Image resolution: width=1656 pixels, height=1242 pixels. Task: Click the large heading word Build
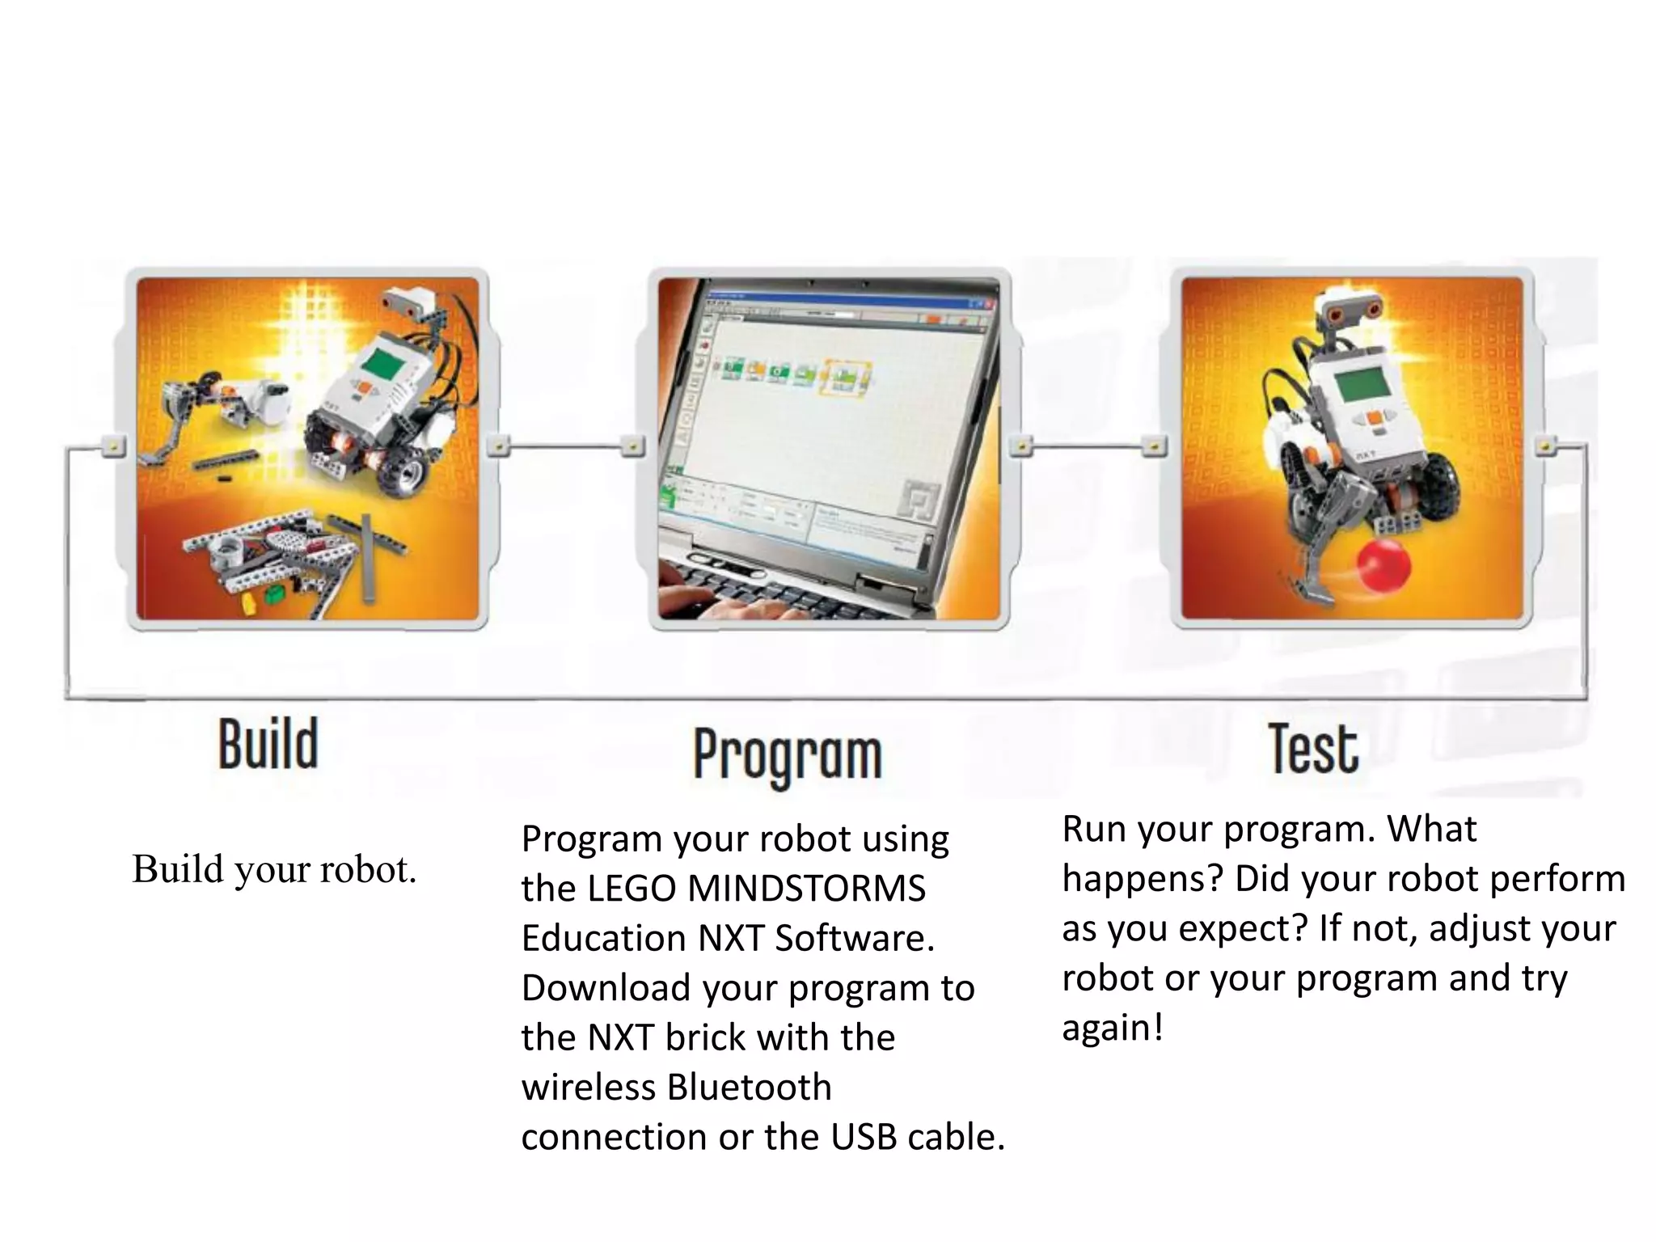pos(268,745)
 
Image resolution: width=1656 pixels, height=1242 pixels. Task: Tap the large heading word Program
pos(788,755)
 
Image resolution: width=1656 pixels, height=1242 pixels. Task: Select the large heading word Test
pos(1313,749)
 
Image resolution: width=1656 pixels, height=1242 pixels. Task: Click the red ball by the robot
pos(1384,567)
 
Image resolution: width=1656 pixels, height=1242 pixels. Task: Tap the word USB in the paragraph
pos(864,1137)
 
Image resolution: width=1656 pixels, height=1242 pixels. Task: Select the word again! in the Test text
pos(1113,1029)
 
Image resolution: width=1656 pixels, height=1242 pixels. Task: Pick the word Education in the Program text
pos(603,938)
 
